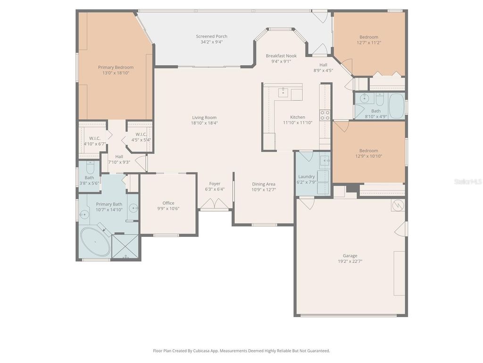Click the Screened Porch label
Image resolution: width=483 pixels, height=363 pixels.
point(211,36)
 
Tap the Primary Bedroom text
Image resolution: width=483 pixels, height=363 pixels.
point(116,68)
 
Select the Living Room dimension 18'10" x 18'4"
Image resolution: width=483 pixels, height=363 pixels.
point(204,123)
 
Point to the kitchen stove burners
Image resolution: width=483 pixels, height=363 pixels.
point(325,115)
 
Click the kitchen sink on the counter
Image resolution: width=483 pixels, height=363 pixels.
point(283,92)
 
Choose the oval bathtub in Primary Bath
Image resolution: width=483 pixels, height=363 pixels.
point(95,242)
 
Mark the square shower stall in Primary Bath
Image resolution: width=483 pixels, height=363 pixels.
point(125,247)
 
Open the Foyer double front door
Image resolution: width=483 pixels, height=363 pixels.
point(215,204)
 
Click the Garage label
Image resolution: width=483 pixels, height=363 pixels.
point(350,256)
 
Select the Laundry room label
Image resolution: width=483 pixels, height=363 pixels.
point(306,177)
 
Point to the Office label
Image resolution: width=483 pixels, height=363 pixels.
point(168,203)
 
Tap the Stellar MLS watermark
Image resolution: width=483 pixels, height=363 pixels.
point(468,181)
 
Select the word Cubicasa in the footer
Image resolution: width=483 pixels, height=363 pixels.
point(198,351)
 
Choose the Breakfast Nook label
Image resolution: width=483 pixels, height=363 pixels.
point(281,56)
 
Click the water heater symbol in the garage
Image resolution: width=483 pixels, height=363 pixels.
point(398,205)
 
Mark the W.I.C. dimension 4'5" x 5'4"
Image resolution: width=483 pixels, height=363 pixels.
point(141,140)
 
